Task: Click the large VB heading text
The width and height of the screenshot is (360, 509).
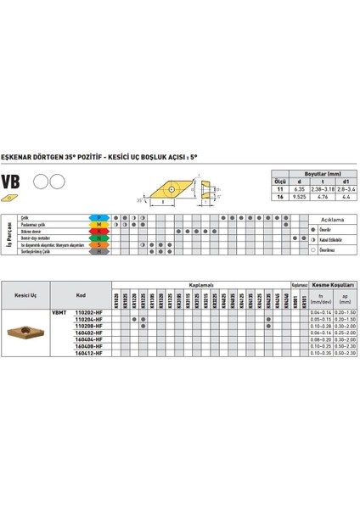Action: (x=12, y=182)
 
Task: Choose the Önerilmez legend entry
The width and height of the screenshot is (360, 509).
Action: (x=331, y=252)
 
